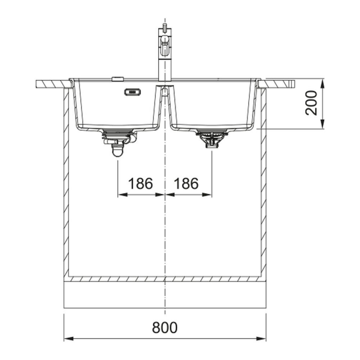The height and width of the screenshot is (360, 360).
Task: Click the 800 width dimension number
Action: click(x=165, y=327)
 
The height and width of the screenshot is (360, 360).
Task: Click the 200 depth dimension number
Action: click(x=311, y=103)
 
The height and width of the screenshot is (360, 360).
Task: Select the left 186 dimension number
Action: click(x=140, y=184)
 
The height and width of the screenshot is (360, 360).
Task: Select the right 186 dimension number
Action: click(x=186, y=184)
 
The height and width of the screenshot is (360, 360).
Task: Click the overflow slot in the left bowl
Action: click(x=132, y=92)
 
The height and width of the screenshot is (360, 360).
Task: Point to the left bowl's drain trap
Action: click(x=118, y=143)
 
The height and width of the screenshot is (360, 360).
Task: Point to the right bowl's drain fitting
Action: click(x=211, y=139)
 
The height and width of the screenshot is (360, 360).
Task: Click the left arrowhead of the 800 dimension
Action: click(x=68, y=339)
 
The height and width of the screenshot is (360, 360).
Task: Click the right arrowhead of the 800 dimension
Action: click(x=261, y=339)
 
